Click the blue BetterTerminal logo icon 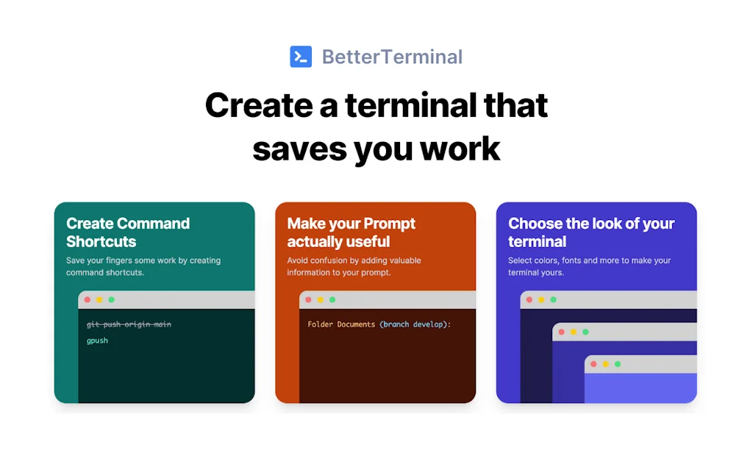pyautogui.click(x=301, y=57)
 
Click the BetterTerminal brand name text pyautogui.click(x=392, y=57)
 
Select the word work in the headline pyautogui.click(x=460, y=148)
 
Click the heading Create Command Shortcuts pyautogui.click(x=128, y=232)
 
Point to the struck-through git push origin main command pyautogui.click(x=129, y=324)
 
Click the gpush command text pyautogui.click(x=97, y=341)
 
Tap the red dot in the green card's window pyautogui.click(x=88, y=299)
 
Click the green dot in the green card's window pyautogui.click(x=111, y=299)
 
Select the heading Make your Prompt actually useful pyautogui.click(x=351, y=232)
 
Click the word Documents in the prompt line pyautogui.click(x=356, y=324)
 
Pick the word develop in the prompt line pyautogui.click(x=428, y=324)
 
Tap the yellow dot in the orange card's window pyautogui.click(x=321, y=299)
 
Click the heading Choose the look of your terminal pyautogui.click(x=590, y=232)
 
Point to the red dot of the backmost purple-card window pyautogui.click(x=529, y=299)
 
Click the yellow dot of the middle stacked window pyautogui.click(x=574, y=332)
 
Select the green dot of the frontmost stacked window pyautogui.click(x=618, y=364)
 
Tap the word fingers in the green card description pyautogui.click(x=124, y=260)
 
